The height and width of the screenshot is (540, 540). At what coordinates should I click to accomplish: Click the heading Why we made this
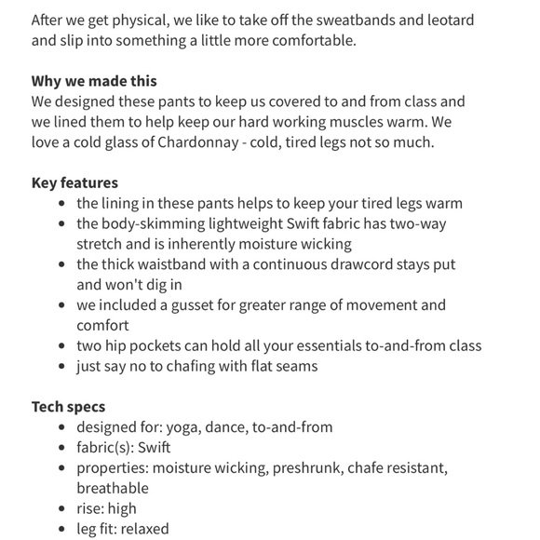[94, 81]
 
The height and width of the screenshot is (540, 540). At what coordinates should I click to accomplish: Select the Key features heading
[74, 182]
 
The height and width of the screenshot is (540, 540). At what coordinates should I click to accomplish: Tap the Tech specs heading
[68, 406]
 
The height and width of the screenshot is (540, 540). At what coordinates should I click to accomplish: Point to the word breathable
[112, 487]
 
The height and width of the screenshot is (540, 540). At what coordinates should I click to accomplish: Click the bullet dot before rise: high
[61, 508]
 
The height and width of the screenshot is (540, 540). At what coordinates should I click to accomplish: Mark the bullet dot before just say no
[61, 366]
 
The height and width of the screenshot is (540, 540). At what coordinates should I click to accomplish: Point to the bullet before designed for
[61, 427]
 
